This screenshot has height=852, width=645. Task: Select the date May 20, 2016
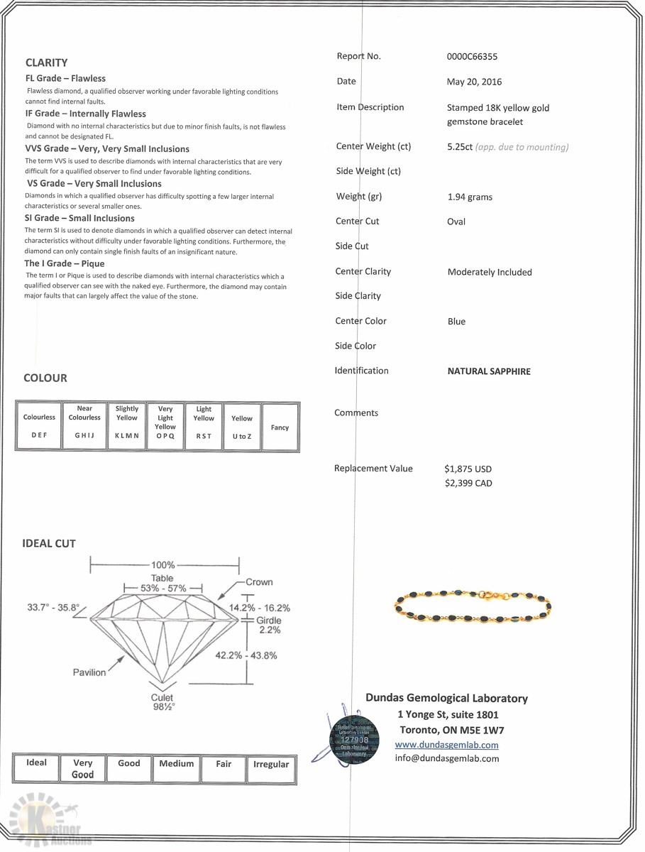474,82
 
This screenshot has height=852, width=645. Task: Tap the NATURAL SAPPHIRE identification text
489,371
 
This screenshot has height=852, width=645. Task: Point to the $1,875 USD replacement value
468,469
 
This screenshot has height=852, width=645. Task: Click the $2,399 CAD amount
468,484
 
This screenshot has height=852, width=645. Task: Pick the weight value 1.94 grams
469,197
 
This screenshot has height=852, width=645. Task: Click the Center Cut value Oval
456,222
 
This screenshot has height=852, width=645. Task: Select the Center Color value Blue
456,322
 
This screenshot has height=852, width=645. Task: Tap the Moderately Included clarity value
490,272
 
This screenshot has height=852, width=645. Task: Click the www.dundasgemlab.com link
446,745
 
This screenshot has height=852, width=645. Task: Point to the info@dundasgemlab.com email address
446,758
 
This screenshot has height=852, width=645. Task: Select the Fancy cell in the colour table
280,427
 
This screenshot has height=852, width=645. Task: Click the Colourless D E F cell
39,426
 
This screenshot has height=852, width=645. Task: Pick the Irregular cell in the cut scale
271,765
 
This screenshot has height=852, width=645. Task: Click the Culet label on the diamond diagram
162,698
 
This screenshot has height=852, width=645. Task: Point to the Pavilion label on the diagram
89,672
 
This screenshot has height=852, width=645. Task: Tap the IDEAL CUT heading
49,544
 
